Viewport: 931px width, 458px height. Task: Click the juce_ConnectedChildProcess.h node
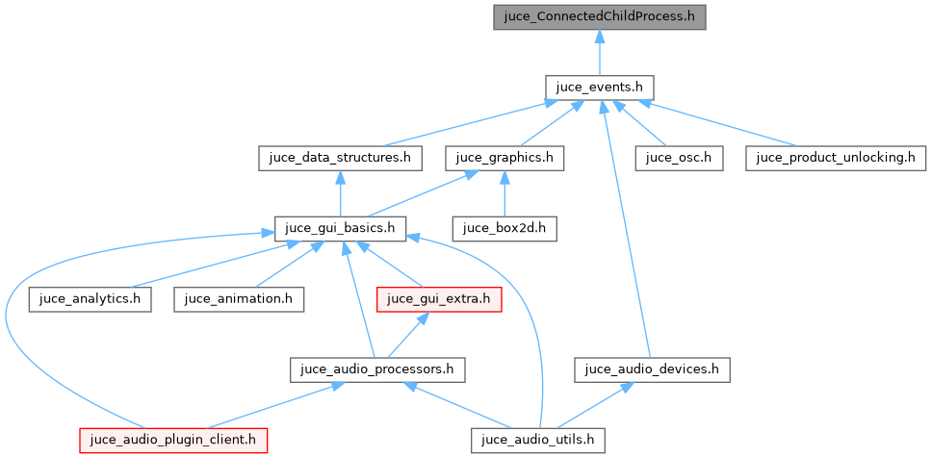tap(599, 17)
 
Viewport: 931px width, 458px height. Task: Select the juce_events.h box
tap(599, 87)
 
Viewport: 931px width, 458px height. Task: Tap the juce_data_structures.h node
tap(339, 157)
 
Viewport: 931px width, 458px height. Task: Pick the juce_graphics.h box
tap(504, 157)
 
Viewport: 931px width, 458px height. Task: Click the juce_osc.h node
tap(678, 157)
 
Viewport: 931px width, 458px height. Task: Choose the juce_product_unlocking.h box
tap(835, 157)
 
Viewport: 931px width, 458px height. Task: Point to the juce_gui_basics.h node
tap(340, 228)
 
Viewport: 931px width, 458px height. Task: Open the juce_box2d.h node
tap(504, 228)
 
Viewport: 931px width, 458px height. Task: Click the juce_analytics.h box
tap(91, 298)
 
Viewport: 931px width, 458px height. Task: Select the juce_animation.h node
tap(239, 298)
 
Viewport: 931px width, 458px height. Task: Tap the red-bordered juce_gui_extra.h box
tap(438, 298)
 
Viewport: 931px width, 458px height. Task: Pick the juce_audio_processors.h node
tap(378, 369)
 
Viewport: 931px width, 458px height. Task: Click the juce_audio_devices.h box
tap(652, 369)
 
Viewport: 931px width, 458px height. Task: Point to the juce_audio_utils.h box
tap(538, 440)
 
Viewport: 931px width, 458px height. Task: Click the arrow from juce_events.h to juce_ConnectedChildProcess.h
tap(599, 52)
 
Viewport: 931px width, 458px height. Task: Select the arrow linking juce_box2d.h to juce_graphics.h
tap(504, 192)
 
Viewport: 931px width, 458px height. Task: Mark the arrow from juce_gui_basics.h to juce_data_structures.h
tap(339, 192)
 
